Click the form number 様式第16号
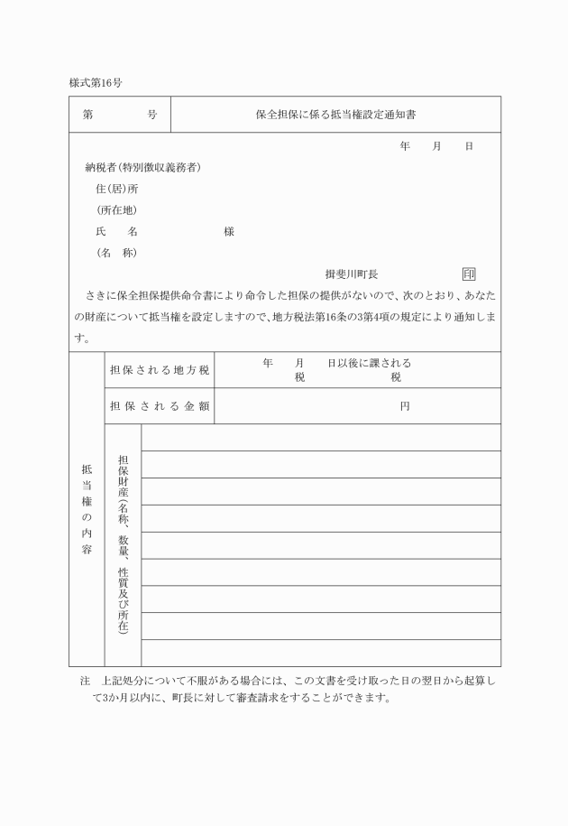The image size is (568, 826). point(96,82)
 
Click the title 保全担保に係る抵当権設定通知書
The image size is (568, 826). point(335,116)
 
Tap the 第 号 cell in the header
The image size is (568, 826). point(119,116)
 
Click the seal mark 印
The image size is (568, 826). point(468,274)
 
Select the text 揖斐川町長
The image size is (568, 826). point(352,274)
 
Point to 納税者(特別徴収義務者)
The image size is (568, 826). point(142,168)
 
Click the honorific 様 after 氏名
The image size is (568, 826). point(229,232)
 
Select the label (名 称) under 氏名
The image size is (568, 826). point(116,253)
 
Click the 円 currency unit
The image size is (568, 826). point(405,406)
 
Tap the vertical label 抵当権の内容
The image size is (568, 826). point(87,508)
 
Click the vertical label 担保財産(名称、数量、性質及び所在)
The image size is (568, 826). point(123,544)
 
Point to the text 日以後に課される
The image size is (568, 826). point(369,363)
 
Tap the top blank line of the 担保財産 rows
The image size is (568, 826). point(320,437)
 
